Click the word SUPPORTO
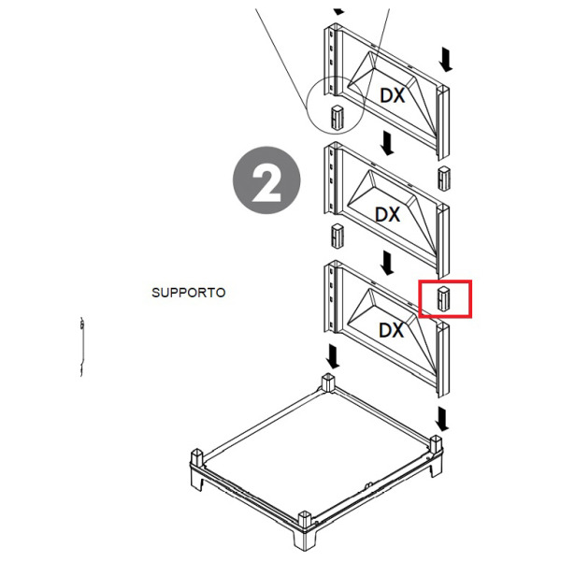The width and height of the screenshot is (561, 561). point(189,293)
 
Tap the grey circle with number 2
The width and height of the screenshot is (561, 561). point(266,180)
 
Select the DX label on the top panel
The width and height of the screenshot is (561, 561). point(393,95)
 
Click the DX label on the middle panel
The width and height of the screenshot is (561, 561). point(388,214)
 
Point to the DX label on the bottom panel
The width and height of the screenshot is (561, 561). point(392,330)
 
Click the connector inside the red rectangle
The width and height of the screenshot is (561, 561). point(443,298)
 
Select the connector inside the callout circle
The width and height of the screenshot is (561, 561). point(337,117)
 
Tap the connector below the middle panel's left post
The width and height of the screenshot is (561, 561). point(338,236)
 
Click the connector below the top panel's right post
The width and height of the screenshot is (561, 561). point(444,178)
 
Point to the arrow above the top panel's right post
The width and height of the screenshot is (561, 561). point(445,60)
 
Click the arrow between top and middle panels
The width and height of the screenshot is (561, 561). point(387,143)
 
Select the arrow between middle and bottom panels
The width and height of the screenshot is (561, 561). point(387,263)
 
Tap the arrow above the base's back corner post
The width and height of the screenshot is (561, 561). point(333,356)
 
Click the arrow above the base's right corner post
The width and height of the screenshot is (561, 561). point(443,420)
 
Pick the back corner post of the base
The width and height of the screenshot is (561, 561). point(328,382)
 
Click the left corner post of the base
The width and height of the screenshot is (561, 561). point(197,459)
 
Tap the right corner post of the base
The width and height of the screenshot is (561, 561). point(436,445)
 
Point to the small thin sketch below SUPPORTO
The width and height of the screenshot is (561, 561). point(82,346)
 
